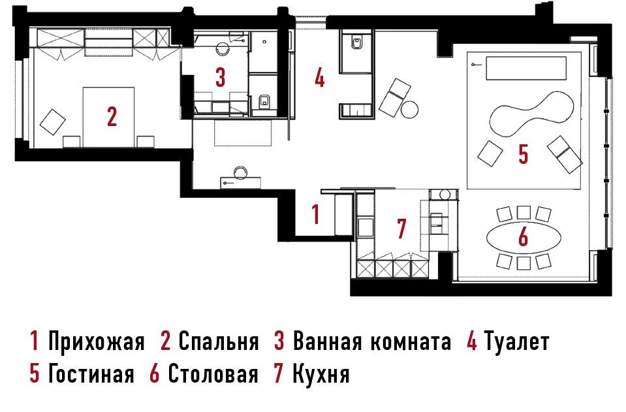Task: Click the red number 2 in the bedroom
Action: (112, 117)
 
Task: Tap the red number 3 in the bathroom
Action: (221, 78)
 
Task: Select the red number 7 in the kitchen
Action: (401, 229)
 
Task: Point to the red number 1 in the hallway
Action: (315, 214)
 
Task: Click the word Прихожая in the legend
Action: (96, 342)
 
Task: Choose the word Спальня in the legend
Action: (219, 341)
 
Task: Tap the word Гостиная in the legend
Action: (91, 374)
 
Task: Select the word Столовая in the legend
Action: (213, 374)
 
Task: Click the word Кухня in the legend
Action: (321, 374)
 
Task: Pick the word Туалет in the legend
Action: (516, 342)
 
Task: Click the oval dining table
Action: (524, 238)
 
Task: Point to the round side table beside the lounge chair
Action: (410, 110)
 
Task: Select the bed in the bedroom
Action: (108, 117)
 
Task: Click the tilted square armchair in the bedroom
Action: (53, 121)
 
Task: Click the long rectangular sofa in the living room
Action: (525, 69)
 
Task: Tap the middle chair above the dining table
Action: (524, 212)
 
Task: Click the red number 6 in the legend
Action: (155, 374)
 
